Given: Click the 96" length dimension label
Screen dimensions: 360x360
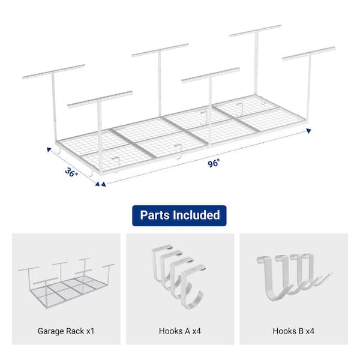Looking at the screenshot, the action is [214, 163].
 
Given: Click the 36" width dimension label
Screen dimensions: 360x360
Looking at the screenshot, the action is [71, 172].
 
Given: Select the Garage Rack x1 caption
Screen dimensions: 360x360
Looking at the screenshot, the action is [66, 331].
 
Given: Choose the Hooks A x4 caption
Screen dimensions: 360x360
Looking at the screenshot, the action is [180, 331].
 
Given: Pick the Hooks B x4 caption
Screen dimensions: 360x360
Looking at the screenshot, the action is [293, 331].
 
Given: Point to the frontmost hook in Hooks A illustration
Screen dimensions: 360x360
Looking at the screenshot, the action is [193, 287].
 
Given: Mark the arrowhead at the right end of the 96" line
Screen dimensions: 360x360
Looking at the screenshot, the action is [309, 131].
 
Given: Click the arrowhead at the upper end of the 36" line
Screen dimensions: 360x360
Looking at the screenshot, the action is [49, 149].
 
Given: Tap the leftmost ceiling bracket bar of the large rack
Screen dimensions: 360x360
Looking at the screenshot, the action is [53, 71].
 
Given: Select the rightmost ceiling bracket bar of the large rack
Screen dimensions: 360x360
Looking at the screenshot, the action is [309, 54].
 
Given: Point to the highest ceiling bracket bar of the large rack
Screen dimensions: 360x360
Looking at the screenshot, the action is [256, 31].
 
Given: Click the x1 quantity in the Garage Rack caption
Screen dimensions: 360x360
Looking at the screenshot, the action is [91, 331].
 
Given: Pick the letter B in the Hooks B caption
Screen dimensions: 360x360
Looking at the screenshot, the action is [301, 331].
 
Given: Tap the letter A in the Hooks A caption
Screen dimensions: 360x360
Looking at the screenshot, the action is [187, 331].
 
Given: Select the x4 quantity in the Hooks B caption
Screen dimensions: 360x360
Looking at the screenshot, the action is [310, 331].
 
